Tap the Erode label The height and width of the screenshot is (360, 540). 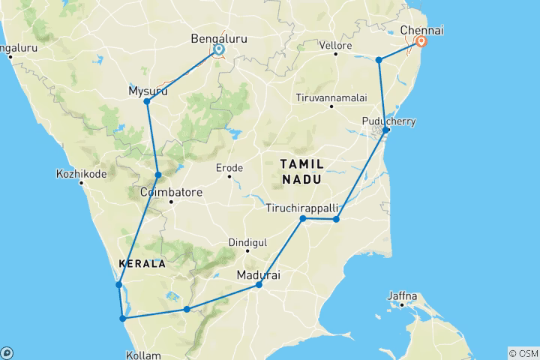click(x=229, y=168)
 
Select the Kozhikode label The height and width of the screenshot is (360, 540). click(x=82, y=175)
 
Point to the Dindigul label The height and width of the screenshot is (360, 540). click(x=248, y=243)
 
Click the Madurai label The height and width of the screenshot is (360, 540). click(x=259, y=275)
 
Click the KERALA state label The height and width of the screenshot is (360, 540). click(x=141, y=264)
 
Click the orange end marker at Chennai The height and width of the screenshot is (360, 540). click(x=422, y=42)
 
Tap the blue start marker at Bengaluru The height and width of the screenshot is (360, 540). click(x=219, y=50)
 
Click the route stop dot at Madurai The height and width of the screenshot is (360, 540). click(x=259, y=285)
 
